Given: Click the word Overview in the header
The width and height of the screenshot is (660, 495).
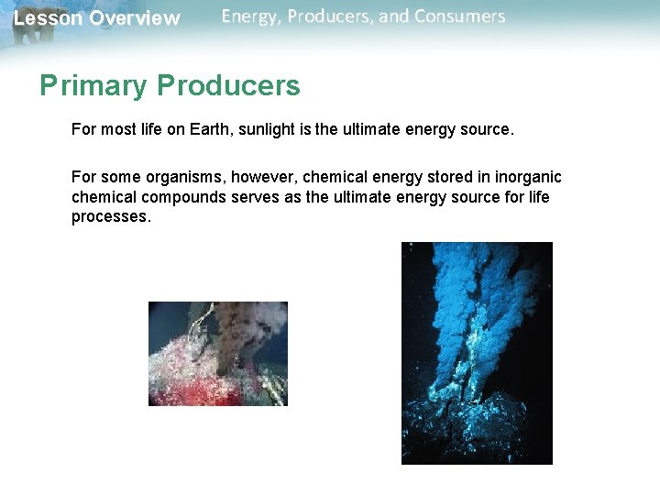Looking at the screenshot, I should (134, 18).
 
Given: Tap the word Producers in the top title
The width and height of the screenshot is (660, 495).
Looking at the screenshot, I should (328, 17).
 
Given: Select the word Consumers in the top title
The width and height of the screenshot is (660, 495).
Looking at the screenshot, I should (461, 17).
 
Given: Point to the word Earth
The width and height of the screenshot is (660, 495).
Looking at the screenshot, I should (213, 129).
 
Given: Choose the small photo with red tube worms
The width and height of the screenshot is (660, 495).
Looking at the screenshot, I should (218, 354).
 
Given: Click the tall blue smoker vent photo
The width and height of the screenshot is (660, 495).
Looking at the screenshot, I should (477, 353).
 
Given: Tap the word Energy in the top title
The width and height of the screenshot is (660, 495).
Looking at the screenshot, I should (247, 17).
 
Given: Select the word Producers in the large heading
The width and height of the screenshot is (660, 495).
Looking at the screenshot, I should (228, 86).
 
